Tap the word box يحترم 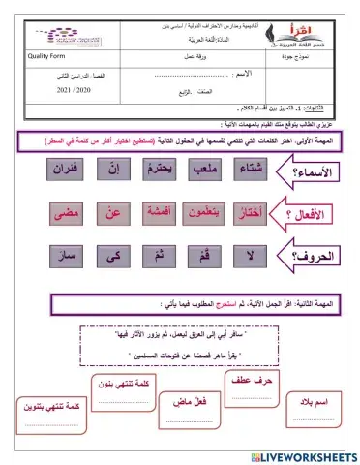point(164,170)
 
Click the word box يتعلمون point(207,213)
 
